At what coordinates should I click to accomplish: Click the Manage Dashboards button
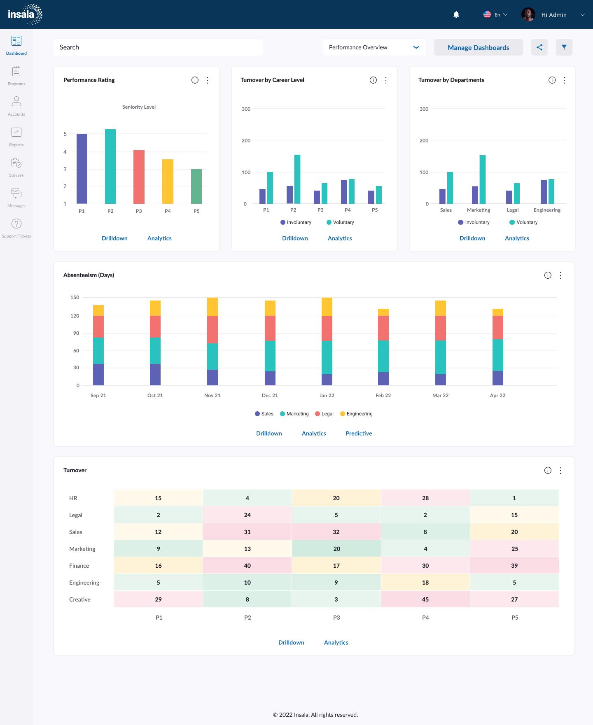click(x=478, y=47)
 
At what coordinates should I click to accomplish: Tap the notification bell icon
click(x=456, y=15)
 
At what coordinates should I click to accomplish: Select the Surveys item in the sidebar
click(x=16, y=167)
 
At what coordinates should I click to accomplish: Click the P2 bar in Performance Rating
click(x=110, y=166)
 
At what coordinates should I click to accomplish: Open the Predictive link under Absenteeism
click(x=359, y=434)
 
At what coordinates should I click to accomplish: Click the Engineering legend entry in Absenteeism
click(x=356, y=414)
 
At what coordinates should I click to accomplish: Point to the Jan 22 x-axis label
click(x=327, y=396)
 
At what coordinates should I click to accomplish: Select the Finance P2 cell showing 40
click(x=247, y=566)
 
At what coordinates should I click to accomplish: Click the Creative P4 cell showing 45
click(x=425, y=599)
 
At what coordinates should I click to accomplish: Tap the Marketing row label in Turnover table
click(x=82, y=549)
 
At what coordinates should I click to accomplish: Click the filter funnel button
click(x=564, y=47)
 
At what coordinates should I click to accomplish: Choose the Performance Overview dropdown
click(x=374, y=47)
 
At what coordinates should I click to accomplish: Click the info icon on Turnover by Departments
click(x=552, y=80)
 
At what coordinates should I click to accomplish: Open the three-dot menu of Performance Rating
click(x=208, y=80)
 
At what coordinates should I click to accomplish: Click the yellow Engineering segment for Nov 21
click(x=212, y=307)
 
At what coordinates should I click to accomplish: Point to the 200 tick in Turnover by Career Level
click(x=246, y=141)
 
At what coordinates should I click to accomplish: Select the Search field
click(x=158, y=47)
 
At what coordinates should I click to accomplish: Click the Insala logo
click(x=25, y=14)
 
